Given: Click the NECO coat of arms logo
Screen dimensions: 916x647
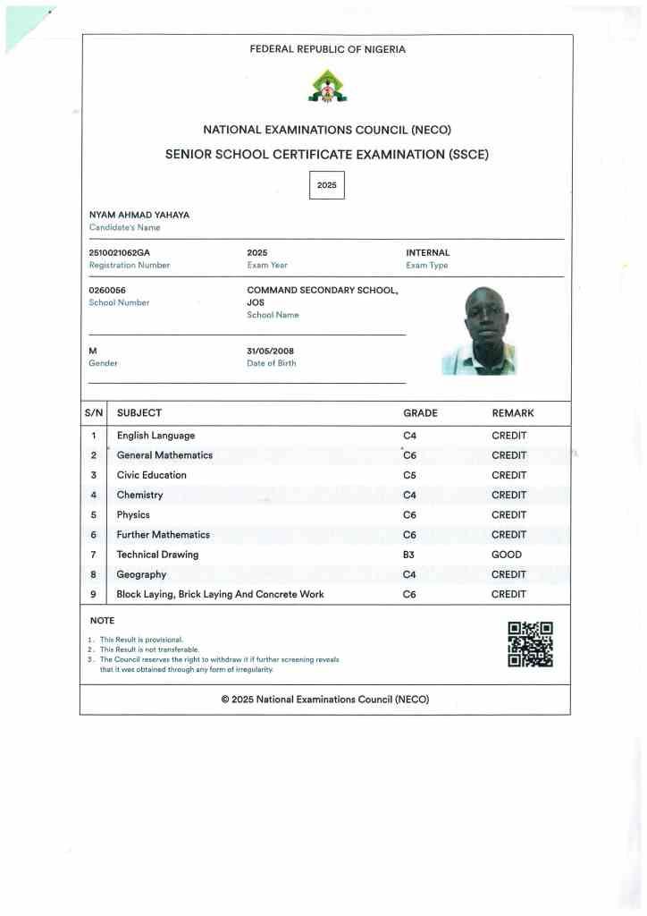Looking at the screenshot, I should coord(327,87).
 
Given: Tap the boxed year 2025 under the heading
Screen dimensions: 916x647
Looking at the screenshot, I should coord(326,185).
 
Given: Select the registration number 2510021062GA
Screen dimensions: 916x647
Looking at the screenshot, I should coord(120,253).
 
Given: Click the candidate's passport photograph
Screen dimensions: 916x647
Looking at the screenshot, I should coord(479,331).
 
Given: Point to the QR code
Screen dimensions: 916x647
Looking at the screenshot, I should coord(530,644).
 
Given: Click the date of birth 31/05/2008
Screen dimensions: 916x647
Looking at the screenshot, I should coord(270,352).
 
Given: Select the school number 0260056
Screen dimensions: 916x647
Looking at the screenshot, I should coord(107,291).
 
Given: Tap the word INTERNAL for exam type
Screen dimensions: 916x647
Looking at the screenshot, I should coord(428,253).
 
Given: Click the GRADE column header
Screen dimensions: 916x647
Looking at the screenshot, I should coord(420,413).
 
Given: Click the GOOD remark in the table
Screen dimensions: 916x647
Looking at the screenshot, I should coord(507,555).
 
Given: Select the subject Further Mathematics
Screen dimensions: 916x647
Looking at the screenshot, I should coord(164,535).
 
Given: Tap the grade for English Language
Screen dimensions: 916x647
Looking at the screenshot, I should coord(410,436).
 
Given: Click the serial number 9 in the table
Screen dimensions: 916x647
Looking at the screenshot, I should coord(93,594).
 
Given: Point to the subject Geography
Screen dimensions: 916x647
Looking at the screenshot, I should coord(141,574).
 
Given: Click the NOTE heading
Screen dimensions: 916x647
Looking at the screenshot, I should coord(103,621).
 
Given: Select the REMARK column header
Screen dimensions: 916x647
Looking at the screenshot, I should coord(513,413).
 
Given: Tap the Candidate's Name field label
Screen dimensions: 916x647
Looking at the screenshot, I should coord(125,227).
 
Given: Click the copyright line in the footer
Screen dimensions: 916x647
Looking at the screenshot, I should coord(325,700).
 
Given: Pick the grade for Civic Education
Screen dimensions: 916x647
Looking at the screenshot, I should coord(410,475).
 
